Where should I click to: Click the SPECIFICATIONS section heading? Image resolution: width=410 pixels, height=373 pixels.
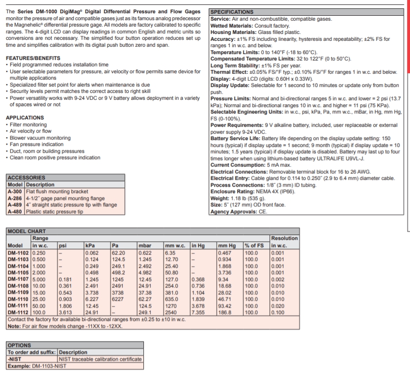(232, 12)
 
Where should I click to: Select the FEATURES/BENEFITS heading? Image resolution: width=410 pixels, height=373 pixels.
(33, 58)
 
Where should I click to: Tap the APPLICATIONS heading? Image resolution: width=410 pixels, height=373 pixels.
(25, 117)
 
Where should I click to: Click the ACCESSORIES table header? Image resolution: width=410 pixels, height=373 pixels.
(26, 177)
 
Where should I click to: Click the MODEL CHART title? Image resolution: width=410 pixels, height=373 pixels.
(27, 231)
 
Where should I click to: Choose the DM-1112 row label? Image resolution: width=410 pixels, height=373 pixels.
(19, 312)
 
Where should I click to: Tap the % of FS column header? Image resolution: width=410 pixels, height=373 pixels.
(254, 245)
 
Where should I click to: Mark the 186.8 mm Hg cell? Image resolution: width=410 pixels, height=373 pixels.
(225, 312)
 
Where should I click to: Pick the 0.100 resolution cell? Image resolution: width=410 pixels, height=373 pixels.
(277, 312)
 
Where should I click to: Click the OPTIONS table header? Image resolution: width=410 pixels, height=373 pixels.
(20, 345)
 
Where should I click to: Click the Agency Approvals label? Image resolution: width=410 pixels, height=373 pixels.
(233, 212)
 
